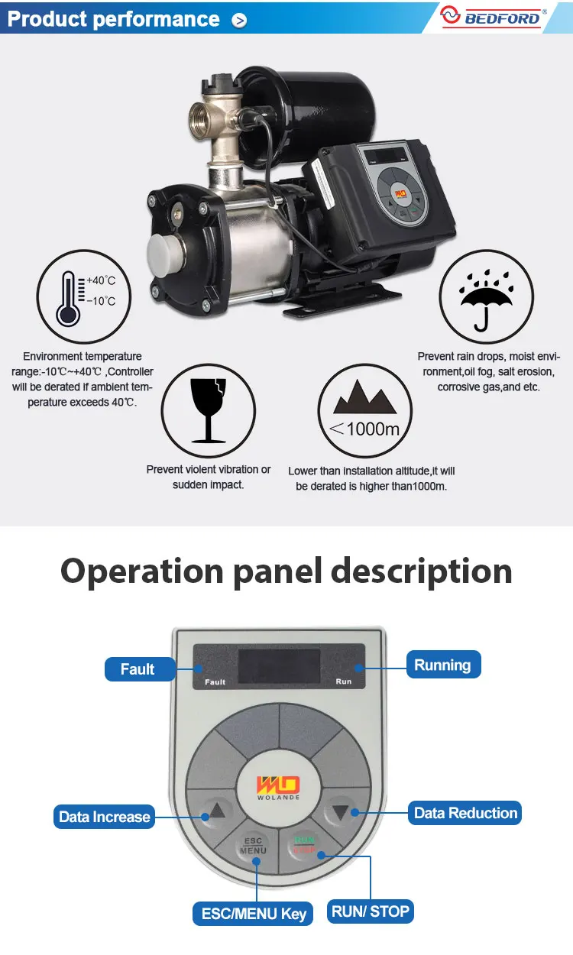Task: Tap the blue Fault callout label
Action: click(x=138, y=669)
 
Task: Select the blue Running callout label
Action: click(x=442, y=665)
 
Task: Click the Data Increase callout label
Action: click(x=104, y=817)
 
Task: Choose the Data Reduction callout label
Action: click(x=465, y=813)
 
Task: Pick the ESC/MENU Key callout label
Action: click(x=254, y=913)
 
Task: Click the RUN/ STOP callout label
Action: click(x=371, y=911)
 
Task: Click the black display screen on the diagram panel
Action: click(x=278, y=667)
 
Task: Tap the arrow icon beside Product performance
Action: click(x=239, y=21)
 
